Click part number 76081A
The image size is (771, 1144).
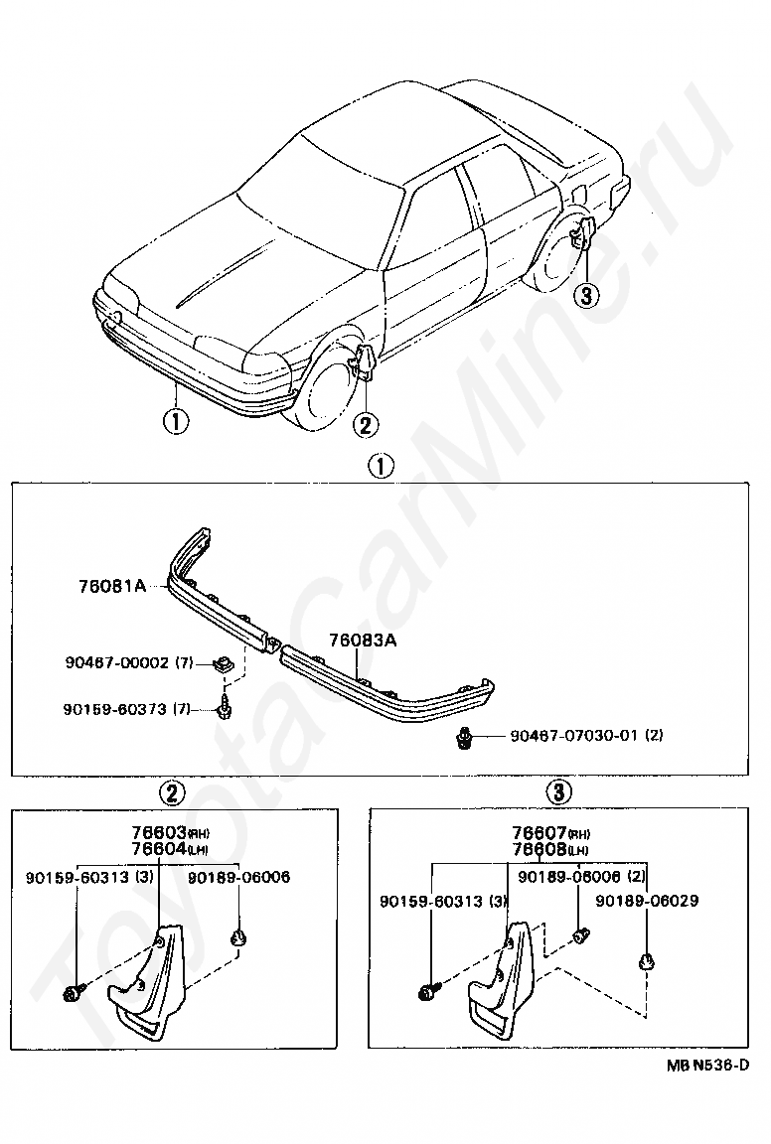111,587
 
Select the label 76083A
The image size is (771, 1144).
363,641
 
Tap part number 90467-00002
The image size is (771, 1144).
113,663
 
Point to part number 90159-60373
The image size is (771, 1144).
113,708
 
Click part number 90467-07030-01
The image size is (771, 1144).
572,736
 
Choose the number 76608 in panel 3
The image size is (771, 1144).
540,849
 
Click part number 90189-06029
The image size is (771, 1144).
647,901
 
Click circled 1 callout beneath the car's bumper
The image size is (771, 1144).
175,422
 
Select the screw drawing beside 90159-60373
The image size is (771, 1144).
225,708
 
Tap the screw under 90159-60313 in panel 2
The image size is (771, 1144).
75,993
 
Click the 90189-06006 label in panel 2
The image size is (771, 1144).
238,877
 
